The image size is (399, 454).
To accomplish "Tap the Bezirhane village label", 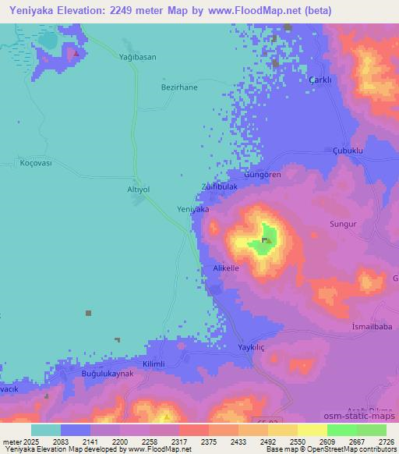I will (180, 87).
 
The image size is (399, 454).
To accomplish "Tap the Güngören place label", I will (263, 175).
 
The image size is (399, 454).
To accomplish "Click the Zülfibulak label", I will (218, 188).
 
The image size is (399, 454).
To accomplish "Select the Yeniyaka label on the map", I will (193, 210).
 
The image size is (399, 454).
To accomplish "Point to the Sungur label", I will (343, 224).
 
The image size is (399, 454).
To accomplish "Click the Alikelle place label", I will (226, 268).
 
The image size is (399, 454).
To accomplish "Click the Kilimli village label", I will (153, 364).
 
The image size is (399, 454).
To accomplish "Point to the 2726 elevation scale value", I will (386, 441).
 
